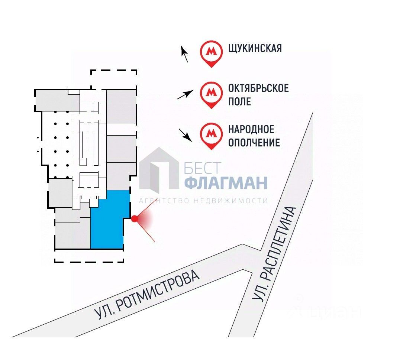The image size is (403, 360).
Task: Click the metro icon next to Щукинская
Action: pos(211,53)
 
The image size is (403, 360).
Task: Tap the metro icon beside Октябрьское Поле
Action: pos(211,94)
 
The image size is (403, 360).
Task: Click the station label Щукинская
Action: pos(255,48)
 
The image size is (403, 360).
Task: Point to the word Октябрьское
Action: pos(258,88)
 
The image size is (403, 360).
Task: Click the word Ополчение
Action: pos(254,142)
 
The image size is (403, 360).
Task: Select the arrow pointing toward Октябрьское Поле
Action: pos(185,95)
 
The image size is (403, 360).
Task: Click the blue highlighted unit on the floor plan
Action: pos(108,221)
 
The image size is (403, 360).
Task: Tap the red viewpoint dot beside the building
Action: pos(135,219)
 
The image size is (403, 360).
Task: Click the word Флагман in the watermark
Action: pos(226,183)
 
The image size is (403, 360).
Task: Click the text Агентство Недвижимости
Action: pos(203,201)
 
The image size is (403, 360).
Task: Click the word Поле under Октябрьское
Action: pos(239,101)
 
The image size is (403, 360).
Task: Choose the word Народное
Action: pos(251,129)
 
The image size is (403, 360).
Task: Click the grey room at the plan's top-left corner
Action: pos(57,101)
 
